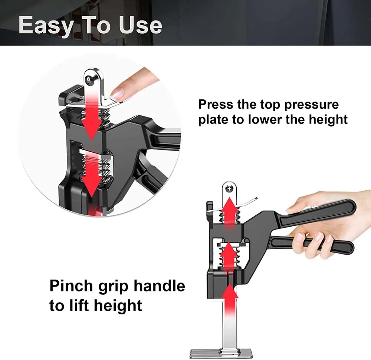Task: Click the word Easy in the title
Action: (x=45, y=25)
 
